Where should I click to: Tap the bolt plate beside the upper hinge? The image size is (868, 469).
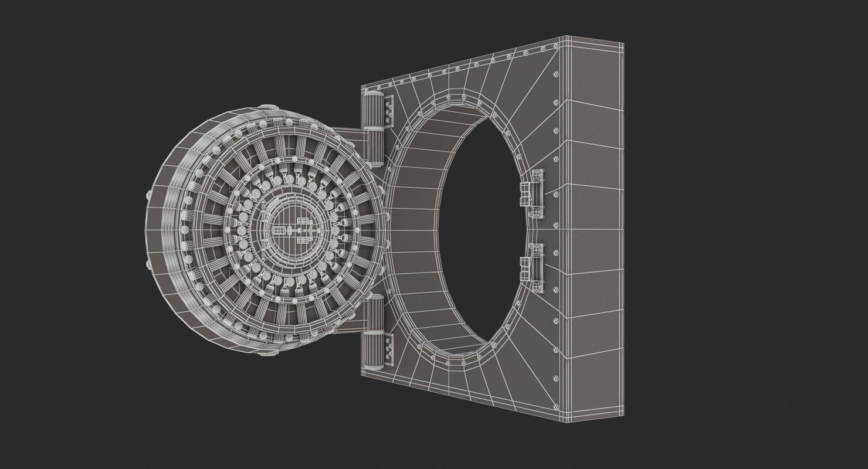click(389, 112)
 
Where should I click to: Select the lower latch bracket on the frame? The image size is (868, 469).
click(534, 267)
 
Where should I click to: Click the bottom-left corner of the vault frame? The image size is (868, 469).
click(362, 375)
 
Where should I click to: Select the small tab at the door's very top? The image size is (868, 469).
click(269, 106)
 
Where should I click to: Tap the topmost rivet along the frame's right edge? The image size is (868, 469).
click(556, 74)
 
